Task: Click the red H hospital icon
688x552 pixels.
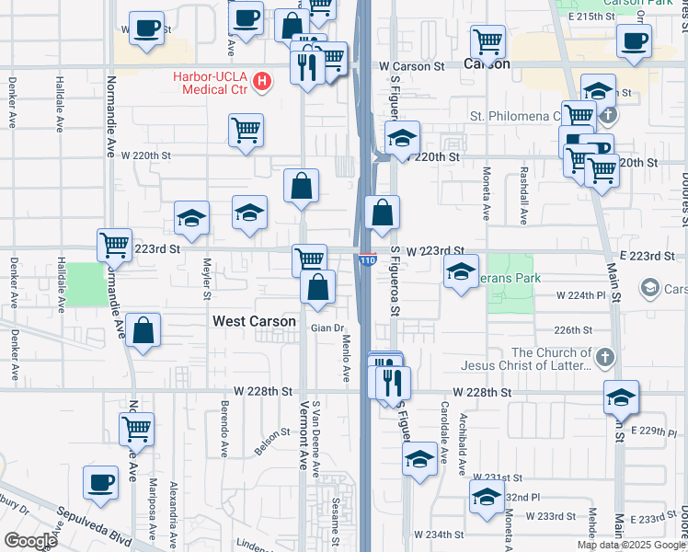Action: [x=262, y=83]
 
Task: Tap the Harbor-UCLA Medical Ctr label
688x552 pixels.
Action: [x=211, y=83]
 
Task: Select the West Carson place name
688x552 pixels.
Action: [x=255, y=322]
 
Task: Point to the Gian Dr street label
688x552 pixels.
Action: [x=327, y=328]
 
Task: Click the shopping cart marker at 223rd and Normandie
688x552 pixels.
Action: [x=115, y=246]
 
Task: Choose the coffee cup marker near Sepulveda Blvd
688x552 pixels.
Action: [x=101, y=482]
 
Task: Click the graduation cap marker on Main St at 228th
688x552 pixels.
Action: [x=622, y=397]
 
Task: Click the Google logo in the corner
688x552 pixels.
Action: [x=30, y=541]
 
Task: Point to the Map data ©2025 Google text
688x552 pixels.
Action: [x=631, y=545]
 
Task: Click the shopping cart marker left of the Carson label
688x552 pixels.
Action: [x=487, y=41]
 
